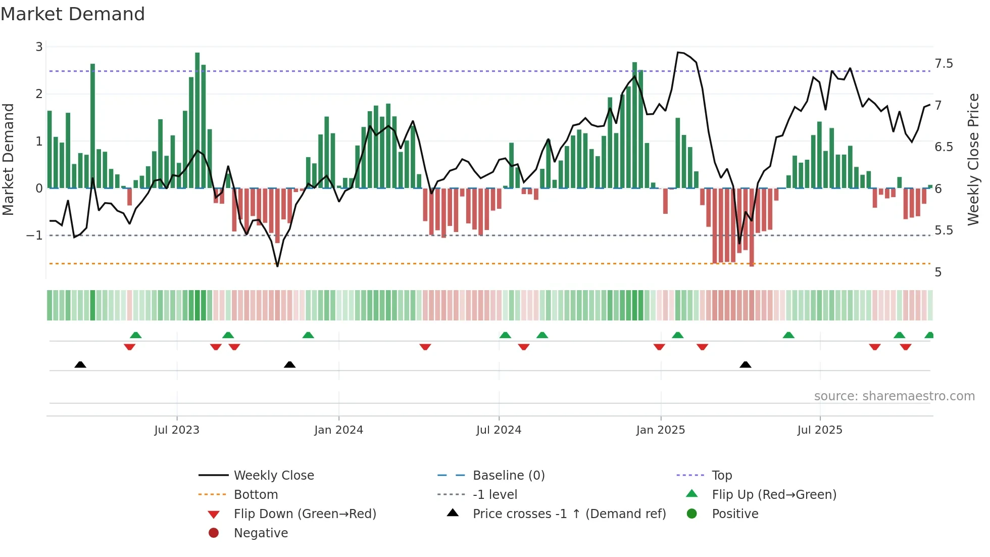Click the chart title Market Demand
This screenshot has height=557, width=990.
pos(73,14)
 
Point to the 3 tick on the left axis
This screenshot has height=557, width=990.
pos(39,47)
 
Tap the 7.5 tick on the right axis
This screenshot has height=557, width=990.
pos(944,64)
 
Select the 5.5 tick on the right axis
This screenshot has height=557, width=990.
pos(944,230)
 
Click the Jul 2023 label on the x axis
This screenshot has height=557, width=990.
pos(177,430)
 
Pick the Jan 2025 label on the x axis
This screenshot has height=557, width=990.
pos(660,430)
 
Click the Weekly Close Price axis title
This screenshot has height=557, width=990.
pos(973,159)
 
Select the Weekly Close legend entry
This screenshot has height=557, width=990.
pos(273,476)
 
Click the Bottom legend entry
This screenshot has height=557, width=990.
pos(256,495)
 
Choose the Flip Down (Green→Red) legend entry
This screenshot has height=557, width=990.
pos(305,514)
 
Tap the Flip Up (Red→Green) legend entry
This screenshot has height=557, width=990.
pos(774,495)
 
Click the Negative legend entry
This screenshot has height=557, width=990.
pos(261,533)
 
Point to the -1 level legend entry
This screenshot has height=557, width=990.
pos(494,495)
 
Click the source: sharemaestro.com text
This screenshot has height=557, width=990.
pos(894,396)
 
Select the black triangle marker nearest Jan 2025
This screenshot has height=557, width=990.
pos(745,364)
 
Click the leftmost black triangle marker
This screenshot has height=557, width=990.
pos(80,364)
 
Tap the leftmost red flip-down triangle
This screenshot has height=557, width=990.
pos(129,347)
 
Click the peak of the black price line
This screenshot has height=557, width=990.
pos(678,52)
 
